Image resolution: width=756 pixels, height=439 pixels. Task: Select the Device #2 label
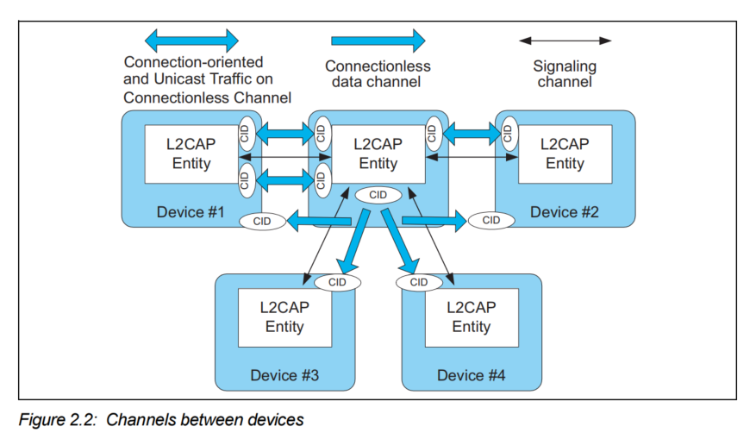tap(565, 212)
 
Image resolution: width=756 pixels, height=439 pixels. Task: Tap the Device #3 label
tap(284, 375)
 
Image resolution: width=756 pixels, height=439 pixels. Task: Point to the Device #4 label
tap(472, 375)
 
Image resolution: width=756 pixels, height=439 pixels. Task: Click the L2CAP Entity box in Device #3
tap(284, 317)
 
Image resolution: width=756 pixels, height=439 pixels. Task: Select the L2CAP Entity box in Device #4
tap(472, 317)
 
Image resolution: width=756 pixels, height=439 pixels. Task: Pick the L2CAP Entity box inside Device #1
tap(191, 154)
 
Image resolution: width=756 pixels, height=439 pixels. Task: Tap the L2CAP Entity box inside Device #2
tap(565, 154)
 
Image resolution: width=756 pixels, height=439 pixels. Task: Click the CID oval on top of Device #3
tap(337, 282)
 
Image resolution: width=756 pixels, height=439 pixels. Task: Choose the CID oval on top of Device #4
tap(419, 282)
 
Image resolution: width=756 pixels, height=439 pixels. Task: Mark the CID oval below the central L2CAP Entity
tap(378, 195)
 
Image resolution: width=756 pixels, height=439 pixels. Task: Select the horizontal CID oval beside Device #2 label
tap(491, 221)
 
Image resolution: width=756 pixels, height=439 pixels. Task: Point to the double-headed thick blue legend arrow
tap(191, 40)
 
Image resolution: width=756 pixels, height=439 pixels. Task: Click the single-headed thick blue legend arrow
tap(378, 40)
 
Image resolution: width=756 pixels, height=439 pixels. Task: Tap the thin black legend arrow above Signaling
tap(565, 40)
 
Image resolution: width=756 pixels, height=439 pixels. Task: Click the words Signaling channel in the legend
tap(565, 74)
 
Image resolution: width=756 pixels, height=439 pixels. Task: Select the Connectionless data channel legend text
tap(378, 74)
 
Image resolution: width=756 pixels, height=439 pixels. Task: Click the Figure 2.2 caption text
tap(161, 421)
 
